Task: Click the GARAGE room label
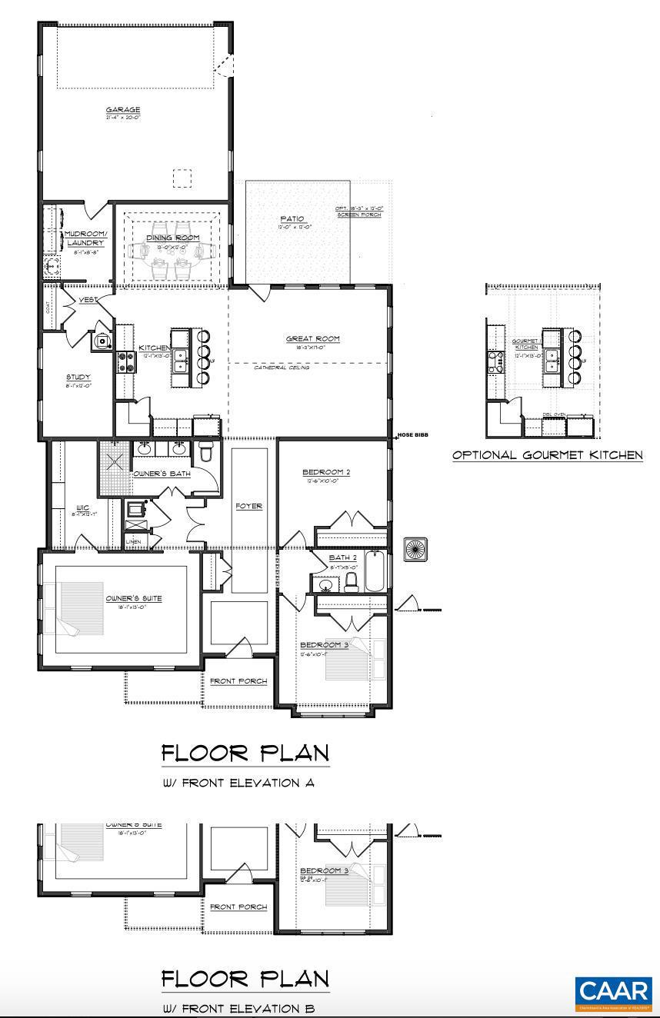pos(123,110)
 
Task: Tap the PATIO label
pos(297,219)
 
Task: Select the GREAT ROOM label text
pos(312,338)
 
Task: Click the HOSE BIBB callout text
pos(413,435)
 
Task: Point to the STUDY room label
pos(78,377)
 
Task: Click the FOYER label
pos(249,506)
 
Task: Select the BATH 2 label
pos(342,557)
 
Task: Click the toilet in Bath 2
pos(352,581)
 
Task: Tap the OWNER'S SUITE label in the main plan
pos(134,598)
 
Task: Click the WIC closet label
pos(83,507)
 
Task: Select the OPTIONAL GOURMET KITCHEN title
pos(547,455)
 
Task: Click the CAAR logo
pos(614,993)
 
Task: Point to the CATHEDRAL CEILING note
pos(282,368)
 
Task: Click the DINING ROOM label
pos(173,238)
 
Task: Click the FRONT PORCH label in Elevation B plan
pos(238,907)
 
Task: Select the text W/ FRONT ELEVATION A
pos(238,783)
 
